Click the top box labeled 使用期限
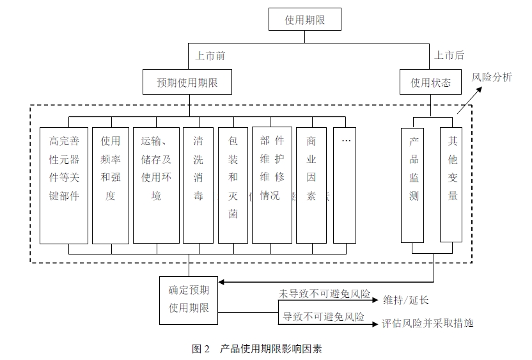coord(305,20)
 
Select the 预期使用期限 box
coord(186,82)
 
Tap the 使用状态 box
coord(430,82)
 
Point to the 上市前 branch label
coord(210,56)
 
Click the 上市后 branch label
coord(449,56)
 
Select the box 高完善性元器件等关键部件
coord(63,185)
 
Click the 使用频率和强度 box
coord(111,185)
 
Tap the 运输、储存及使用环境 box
coord(157,185)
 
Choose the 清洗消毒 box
coord(198,185)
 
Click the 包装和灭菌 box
coord(233,185)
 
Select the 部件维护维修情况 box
coord(272,185)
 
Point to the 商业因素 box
coord(311,185)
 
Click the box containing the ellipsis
coord(345,185)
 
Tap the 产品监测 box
coord(412,185)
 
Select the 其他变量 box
coord(452,185)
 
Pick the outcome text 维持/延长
coord(406,299)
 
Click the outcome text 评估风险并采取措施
coord(428,323)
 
